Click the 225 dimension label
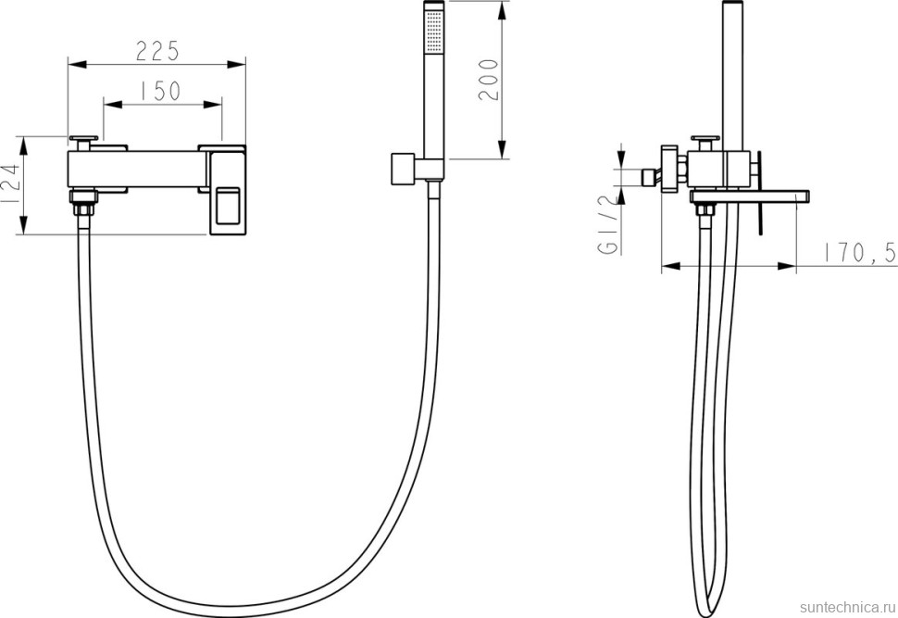[x=158, y=50]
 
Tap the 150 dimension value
[x=160, y=91]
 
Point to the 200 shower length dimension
[x=488, y=80]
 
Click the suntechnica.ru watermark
[x=848, y=607]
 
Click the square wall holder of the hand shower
[x=403, y=170]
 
